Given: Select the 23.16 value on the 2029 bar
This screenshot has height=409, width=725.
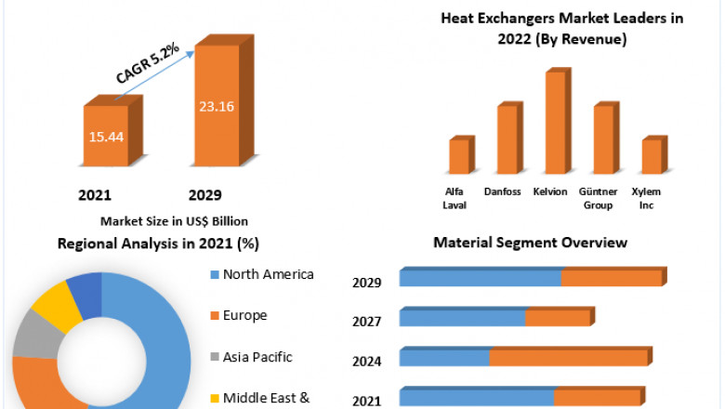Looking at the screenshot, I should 216,106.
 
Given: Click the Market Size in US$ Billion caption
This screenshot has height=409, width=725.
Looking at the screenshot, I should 174,221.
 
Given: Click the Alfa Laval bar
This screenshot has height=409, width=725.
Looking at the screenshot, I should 458,156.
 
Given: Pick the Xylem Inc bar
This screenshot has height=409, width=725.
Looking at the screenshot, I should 652,156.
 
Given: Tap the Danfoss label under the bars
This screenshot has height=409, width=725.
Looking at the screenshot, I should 503,192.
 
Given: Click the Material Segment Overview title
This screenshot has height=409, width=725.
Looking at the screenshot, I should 530,243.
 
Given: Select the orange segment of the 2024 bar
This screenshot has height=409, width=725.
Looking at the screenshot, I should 569,358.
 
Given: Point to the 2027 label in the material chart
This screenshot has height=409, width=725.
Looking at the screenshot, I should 366,323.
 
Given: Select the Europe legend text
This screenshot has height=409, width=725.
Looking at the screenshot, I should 245,315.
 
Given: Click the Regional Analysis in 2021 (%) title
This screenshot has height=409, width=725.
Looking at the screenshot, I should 158,244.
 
